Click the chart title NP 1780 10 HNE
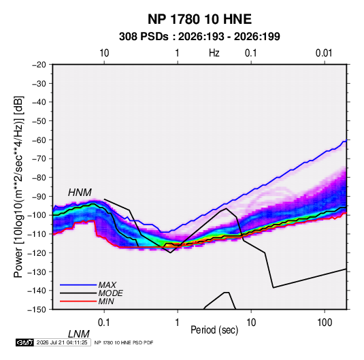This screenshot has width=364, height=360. point(199,19)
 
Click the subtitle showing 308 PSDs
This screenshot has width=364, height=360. point(199,37)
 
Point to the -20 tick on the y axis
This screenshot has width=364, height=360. point(39,65)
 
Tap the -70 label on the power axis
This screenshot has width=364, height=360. point(39,159)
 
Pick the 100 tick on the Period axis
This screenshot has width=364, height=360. point(325,323)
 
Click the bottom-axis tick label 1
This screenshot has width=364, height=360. point(178,323)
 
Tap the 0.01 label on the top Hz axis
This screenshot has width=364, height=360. point(324,53)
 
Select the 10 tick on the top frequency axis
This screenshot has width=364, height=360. point(104,53)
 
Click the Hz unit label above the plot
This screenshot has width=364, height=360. point(214,53)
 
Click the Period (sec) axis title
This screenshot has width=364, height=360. point(214,330)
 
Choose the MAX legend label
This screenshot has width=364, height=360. point(107,285)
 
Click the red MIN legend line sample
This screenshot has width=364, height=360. point(78,301)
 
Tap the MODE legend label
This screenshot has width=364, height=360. point(110,293)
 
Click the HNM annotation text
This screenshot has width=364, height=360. point(80,193)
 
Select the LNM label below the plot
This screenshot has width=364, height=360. point(79,334)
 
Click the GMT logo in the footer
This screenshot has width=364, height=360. point(25,342)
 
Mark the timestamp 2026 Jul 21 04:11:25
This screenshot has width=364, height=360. point(62,342)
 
